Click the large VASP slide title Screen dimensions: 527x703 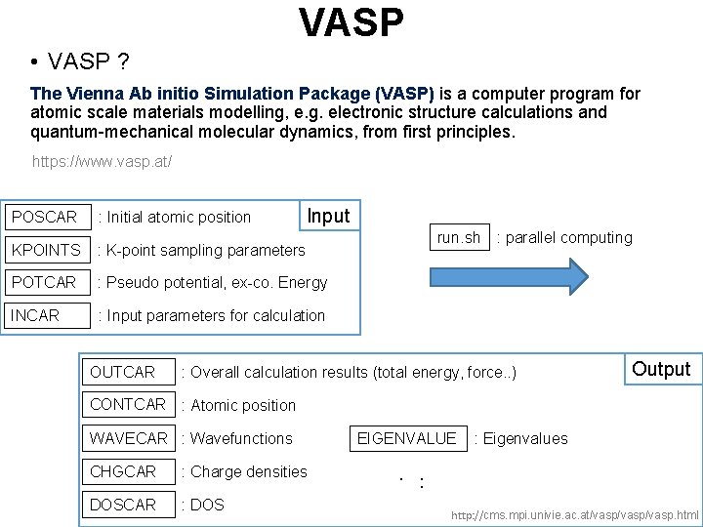point(351,21)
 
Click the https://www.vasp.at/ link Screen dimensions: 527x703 point(103,161)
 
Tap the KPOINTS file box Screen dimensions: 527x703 point(46,250)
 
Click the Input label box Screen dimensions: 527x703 point(328,216)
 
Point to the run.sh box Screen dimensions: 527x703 point(459,237)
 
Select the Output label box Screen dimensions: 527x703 point(661,369)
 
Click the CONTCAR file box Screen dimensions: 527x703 point(128,404)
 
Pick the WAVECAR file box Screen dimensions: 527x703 point(128,438)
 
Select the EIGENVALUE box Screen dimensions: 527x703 point(407,438)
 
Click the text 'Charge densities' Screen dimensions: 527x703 point(249,471)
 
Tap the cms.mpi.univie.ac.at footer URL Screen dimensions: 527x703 point(574,514)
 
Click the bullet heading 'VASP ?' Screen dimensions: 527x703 point(88,62)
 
